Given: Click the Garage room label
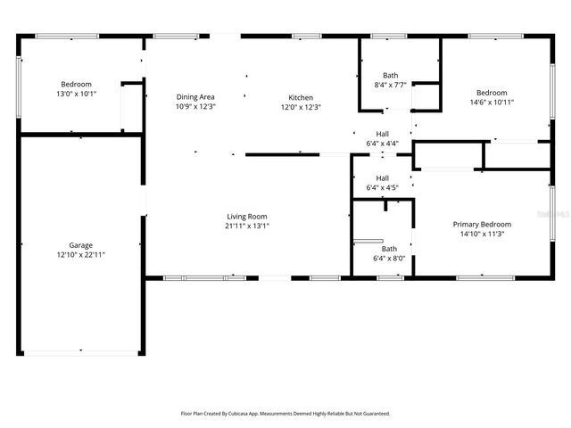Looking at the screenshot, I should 81,244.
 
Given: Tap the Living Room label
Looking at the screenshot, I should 246,217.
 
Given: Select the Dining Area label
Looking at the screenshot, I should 195,97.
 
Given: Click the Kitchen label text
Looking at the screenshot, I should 300,97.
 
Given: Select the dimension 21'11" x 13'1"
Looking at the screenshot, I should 246,226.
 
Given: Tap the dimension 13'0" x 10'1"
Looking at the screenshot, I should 76,94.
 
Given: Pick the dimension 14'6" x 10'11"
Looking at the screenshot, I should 491,102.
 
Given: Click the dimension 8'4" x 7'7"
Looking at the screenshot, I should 391,85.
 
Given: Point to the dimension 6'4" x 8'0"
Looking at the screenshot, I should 389,259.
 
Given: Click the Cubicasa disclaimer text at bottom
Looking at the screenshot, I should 285,414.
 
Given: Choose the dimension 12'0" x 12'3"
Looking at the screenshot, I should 300,107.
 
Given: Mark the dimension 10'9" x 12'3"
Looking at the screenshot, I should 195,107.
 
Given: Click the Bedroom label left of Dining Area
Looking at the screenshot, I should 76,84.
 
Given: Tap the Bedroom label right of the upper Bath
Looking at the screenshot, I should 491,92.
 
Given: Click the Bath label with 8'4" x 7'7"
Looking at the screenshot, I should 391,75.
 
